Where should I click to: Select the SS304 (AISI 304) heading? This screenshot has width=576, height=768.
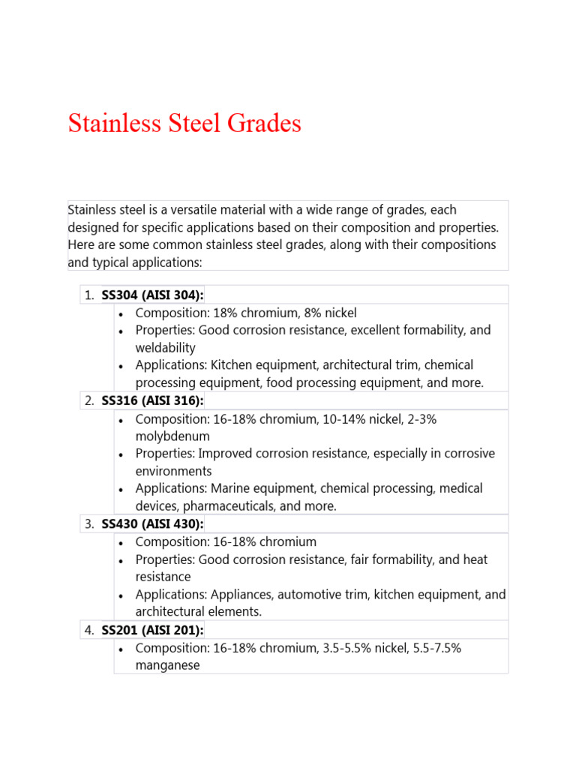(152, 295)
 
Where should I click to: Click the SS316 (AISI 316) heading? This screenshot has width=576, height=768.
(152, 400)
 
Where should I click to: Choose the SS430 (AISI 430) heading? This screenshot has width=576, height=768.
(152, 523)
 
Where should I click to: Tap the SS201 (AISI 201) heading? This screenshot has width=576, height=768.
(152, 630)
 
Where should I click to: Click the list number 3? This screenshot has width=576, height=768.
(88, 523)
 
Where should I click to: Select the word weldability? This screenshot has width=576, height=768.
(165, 347)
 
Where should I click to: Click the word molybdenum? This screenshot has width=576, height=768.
(172, 436)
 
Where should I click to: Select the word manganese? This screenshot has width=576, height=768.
(167, 665)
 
